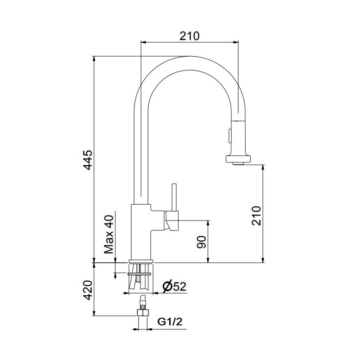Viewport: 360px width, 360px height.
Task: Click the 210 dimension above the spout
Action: point(189,36)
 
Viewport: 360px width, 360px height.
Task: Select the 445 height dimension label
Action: point(88,160)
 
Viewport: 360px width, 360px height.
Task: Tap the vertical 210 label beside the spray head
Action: point(256,216)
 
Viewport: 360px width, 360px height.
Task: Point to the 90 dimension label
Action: point(202,242)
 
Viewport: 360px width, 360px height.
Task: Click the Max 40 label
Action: point(109,234)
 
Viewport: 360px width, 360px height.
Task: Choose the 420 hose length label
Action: point(88,290)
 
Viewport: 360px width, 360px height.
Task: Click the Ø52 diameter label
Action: point(175,286)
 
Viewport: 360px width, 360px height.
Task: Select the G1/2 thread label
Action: point(170,322)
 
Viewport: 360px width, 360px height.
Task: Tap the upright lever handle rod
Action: point(174,197)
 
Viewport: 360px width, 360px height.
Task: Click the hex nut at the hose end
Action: point(143,313)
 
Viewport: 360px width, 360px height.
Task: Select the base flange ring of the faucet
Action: point(141,261)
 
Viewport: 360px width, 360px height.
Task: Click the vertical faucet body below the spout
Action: point(141,232)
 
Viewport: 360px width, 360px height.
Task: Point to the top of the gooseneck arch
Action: point(189,57)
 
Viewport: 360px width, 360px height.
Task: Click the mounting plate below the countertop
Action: point(139,274)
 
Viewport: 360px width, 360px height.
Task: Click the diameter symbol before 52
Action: point(167,286)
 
